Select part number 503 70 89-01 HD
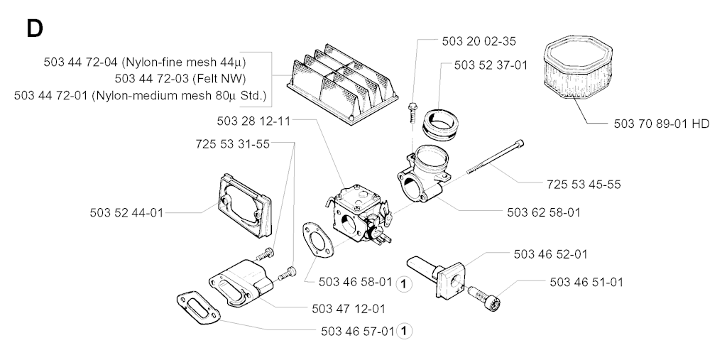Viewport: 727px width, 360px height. click(x=661, y=124)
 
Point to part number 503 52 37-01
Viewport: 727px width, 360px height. click(x=491, y=65)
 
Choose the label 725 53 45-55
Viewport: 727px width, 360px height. click(x=584, y=184)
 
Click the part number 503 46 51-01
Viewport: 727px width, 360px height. click(x=586, y=282)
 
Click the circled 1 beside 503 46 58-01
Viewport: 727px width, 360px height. click(x=405, y=283)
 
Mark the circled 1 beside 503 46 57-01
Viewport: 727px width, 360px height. click(x=405, y=330)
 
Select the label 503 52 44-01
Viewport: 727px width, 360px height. click(x=127, y=212)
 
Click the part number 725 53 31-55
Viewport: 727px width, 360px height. click(x=232, y=143)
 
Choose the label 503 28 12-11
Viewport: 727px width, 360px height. click(x=253, y=120)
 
